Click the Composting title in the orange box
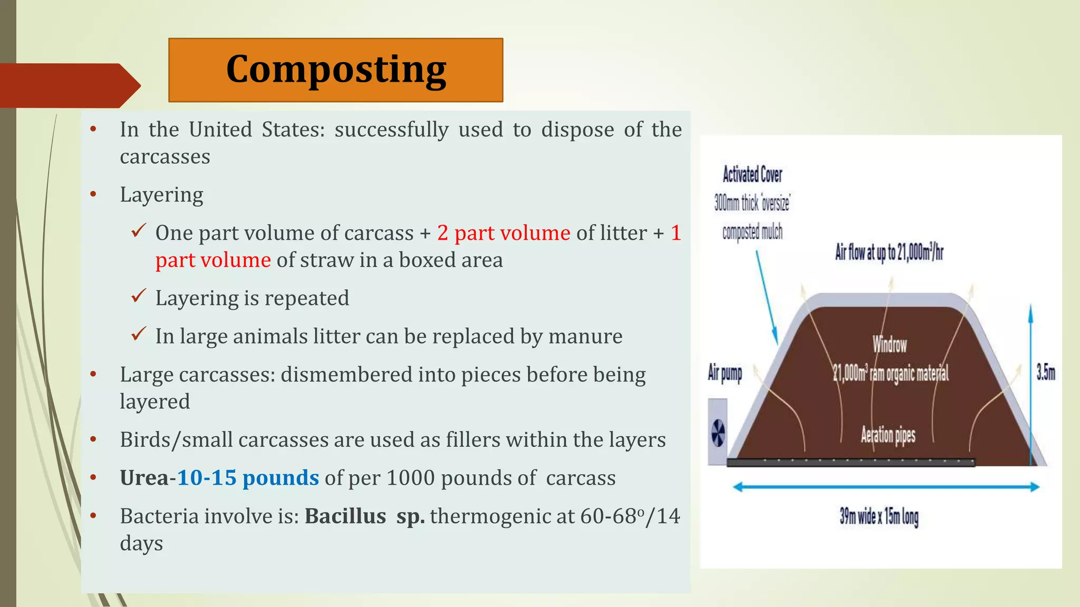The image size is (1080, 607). click(x=336, y=70)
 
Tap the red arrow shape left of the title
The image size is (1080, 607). click(x=69, y=85)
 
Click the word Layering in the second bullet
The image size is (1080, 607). click(x=161, y=195)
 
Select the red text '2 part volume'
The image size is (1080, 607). click(x=504, y=233)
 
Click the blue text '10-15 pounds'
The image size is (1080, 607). click(x=248, y=478)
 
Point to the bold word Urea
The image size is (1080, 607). click(x=143, y=478)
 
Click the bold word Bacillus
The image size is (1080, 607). click(x=345, y=516)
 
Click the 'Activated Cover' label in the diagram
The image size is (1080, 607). click(x=752, y=174)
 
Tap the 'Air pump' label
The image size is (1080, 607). click(x=725, y=373)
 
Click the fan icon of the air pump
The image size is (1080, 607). click(x=718, y=434)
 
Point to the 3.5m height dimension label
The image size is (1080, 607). click(x=1045, y=373)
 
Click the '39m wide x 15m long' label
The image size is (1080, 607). click(x=879, y=516)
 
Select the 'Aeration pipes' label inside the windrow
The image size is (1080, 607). click(x=888, y=435)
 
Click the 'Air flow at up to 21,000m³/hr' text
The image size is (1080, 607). click(x=889, y=253)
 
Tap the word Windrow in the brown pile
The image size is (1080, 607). click(x=890, y=345)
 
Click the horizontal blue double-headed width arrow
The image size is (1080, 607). click(x=886, y=487)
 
